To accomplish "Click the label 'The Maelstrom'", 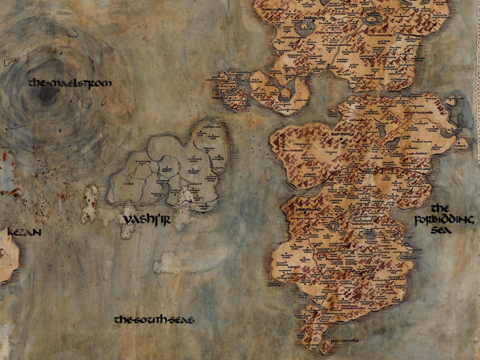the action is (x=70, y=83).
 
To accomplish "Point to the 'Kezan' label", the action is (x=24, y=232).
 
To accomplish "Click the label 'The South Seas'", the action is (x=154, y=320).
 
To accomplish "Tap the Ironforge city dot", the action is (x=341, y=139).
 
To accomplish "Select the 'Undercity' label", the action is (x=315, y=18).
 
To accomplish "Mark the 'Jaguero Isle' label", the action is (x=345, y=340).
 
